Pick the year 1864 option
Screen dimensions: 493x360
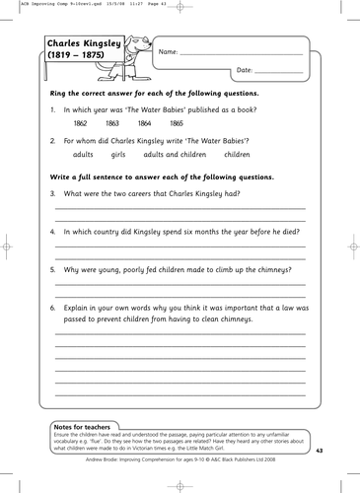pos(144,124)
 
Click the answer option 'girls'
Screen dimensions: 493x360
pos(119,155)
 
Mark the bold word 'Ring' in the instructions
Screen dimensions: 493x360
pos(58,94)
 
